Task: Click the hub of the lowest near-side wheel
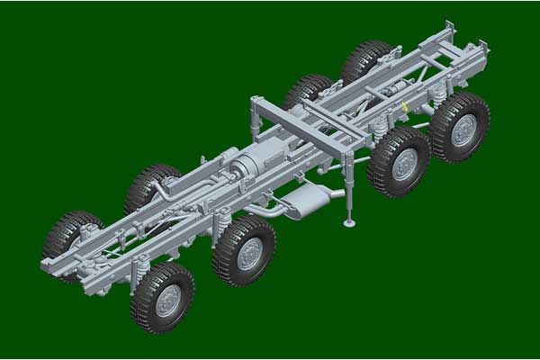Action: click(167, 301)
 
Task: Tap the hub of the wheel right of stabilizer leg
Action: click(404, 164)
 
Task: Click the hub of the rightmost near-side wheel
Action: click(463, 130)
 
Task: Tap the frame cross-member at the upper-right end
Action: click(450, 40)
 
